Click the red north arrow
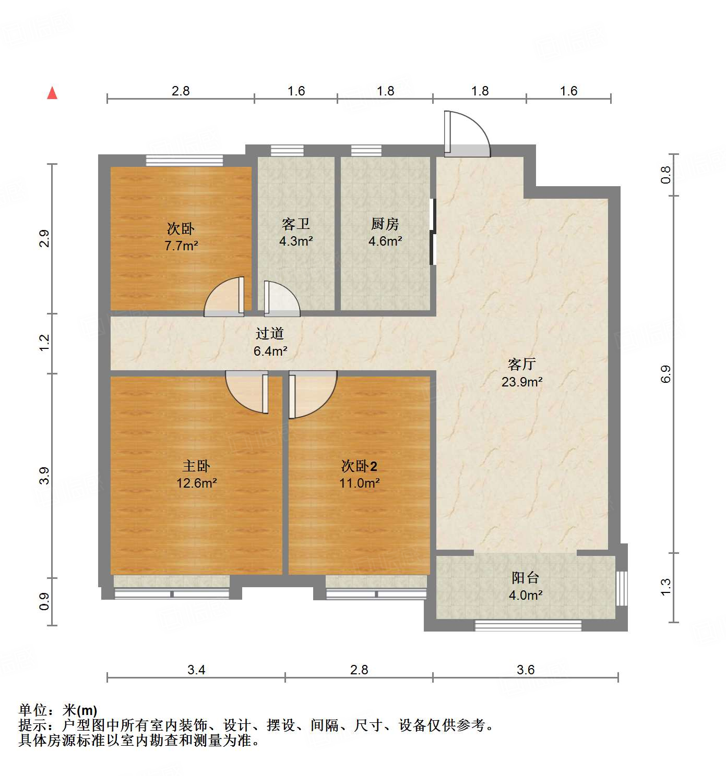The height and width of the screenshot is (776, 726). (x=52, y=93)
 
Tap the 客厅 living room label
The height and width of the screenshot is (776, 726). (x=521, y=364)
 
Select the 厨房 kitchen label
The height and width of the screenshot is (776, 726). (x=385, y=224)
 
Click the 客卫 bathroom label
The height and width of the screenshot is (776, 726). (x=296, y=224)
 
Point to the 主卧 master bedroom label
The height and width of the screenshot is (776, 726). (x=196, y=466)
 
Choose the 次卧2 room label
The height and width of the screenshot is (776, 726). (x=359, y=466)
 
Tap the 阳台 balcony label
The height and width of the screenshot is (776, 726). (x=525, y=577)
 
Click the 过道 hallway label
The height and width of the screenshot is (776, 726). (x=270, y=333)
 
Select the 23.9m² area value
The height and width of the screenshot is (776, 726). (x=522, y=382)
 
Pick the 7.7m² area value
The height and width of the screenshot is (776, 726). (x=181, y=246)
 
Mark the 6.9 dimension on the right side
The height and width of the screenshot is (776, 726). (x=666, y=374)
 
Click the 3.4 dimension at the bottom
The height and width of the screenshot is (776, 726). (x=196, y=670)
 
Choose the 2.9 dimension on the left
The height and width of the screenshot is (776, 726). (x=45, y=238)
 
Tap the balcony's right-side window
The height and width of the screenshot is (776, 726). (x=621, y=588)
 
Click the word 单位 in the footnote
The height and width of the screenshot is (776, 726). (x=33, y=710)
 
